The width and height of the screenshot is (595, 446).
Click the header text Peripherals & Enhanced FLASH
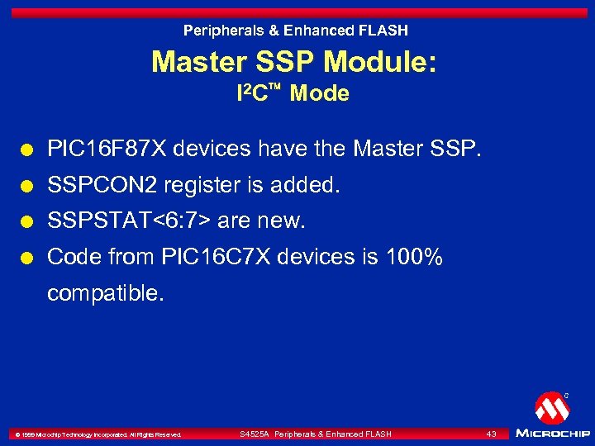click(295, 31)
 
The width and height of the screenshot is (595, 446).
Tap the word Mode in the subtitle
click(320, 94)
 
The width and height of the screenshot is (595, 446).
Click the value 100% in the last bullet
click(415, 258)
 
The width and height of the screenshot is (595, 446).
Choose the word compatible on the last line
click(106, 293)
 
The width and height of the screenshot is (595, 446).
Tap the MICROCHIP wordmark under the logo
click(551, 433)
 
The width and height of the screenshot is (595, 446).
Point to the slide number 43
click(491, 434)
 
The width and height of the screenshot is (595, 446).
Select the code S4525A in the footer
click(254, 434)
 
